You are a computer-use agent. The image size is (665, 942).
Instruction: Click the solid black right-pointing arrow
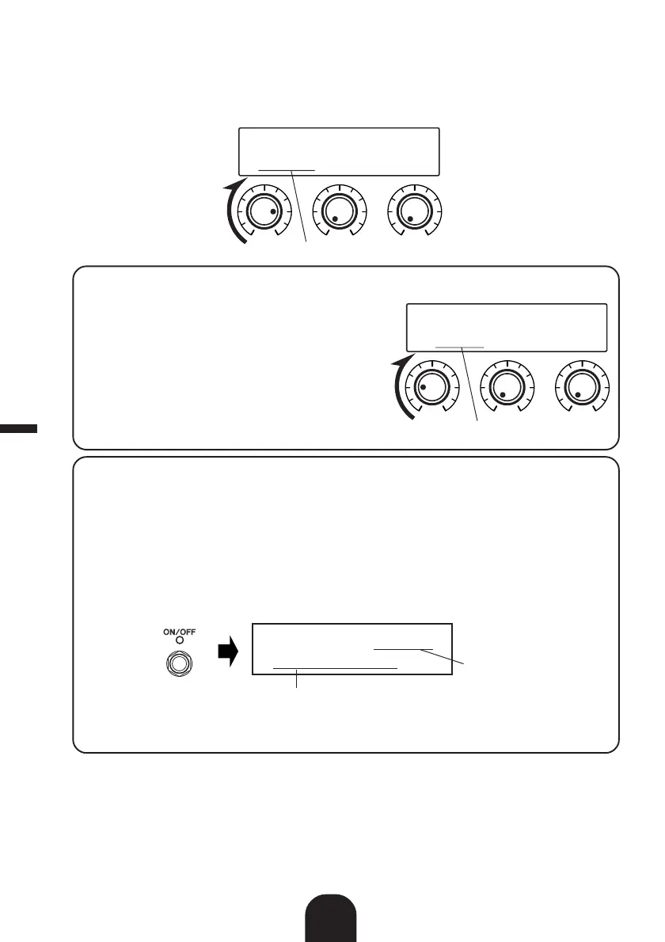pyautogui.click(x=229, y=655)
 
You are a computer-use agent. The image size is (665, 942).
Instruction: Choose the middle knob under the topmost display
pyautogui.click(x=338, y=211)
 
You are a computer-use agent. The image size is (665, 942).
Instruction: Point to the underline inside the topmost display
pyautogui.click(x=287, y=169)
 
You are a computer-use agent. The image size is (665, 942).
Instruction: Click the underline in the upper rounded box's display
pyautogui.click(x=459, y=347)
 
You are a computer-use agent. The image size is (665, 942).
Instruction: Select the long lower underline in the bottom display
pyautogui.click(x=335, y=668)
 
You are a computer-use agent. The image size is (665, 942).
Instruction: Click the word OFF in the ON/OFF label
pyautogui.click(x=188, y=632)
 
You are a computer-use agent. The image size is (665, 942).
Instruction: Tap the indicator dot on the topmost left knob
pyautogui.click(x=273, y=213)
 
